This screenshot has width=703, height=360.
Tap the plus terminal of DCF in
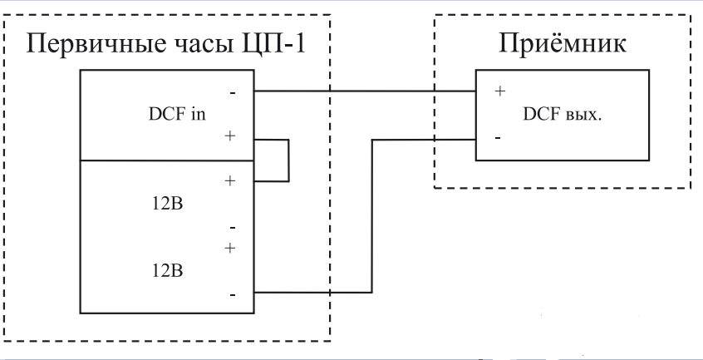231,136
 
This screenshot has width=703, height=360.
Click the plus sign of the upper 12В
231,180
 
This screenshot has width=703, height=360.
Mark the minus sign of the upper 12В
232,226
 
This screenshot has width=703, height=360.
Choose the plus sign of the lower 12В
231,247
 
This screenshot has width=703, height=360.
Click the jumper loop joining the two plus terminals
288,160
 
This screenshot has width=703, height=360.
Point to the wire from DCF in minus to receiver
366,91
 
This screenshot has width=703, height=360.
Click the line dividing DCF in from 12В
165,160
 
